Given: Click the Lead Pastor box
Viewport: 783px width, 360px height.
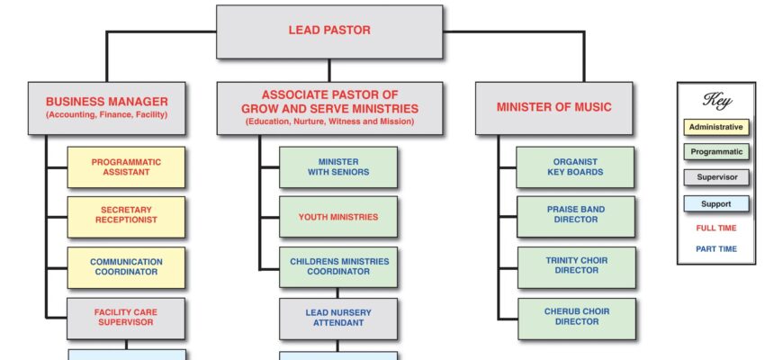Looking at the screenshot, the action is [x=329, y=31].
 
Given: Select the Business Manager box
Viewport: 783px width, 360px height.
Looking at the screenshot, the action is [x=106, y=108].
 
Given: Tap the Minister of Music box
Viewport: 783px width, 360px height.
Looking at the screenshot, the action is [x=553, y=108].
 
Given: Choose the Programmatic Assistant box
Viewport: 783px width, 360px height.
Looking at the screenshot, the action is [x=126, y=166].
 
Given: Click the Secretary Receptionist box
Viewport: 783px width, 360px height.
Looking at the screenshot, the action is [x=126, y=217].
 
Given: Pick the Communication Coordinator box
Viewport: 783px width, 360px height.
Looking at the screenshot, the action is [x=126, y=267].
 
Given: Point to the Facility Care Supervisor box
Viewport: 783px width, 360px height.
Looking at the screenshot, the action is [x=126, y=318].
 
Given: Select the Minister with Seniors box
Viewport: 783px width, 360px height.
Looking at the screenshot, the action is [x=338, y=166].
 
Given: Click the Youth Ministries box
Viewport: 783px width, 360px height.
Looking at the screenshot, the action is [x=338, y=217].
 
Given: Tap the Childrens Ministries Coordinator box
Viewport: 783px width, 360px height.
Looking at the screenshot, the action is [x=338, y=267].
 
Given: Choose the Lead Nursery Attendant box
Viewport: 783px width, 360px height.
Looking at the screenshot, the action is [x=338, y=319].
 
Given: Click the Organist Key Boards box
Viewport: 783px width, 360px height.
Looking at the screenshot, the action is [x=575, y=166].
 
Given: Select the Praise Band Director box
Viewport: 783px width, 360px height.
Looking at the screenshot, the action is [x=576, y=217].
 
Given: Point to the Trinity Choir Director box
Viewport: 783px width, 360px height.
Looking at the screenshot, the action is [x=577, y=267].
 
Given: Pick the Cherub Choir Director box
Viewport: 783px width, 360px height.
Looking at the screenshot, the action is [x=577, y=319].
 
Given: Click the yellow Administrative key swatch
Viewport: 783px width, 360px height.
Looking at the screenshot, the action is [x=716, y=127].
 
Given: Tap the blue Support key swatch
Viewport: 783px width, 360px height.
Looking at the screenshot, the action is [x=716, y=203].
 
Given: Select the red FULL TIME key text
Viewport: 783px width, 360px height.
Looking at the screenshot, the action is [x=716, y=229].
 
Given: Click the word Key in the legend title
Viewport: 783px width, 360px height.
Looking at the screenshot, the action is [x=717, y=100].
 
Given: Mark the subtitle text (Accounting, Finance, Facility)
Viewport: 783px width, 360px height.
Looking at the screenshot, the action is [x=107, y=115].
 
